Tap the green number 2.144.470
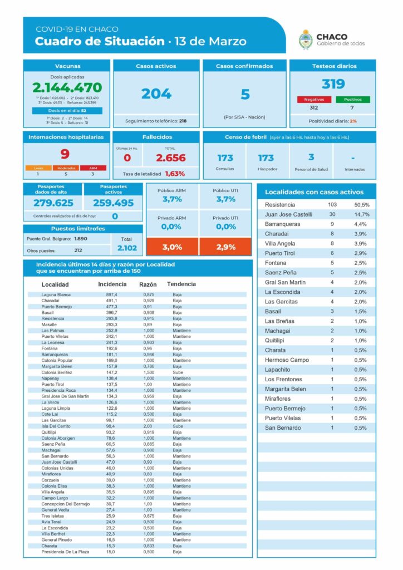[x=67, y=88]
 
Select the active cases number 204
[x=156, y=94]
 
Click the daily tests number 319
[x=333, y=84]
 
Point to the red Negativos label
[x=314, y=100]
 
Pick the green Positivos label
[x=352, y=100]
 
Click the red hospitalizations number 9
[x=65, y=154]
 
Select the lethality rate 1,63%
[x=175, y=174]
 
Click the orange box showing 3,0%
[x=172, y=247]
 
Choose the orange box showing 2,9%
[x=225, y=247]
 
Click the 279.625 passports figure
[x=53, y=203]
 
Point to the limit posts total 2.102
[x=127, y=248]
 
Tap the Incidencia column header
[x=112, y=284]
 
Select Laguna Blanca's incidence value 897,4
[x=108, y=294]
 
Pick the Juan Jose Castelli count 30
[x=332, y=214]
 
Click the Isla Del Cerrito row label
[x=57, y=426]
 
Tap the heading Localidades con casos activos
[x=314, y=192]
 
